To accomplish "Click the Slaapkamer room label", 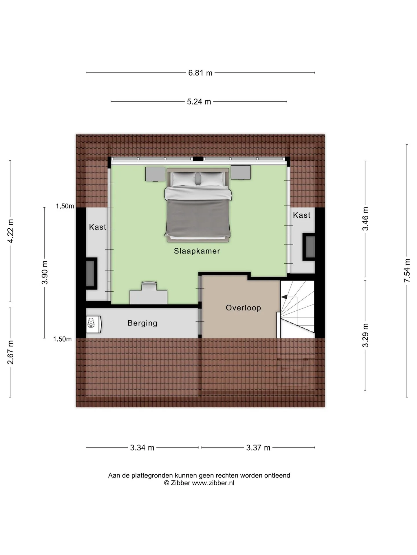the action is [197, 251].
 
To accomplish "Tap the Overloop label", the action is [244, 308].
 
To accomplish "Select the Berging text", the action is [142, 323].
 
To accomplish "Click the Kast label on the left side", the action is [98, 227].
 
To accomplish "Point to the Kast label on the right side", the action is [302, 215].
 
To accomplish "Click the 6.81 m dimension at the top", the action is [200, 73].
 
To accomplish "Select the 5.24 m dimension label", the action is [199, 102].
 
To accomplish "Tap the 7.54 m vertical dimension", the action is [407, 271].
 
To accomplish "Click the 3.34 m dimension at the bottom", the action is [142, 448].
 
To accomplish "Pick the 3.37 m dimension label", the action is [258, 448].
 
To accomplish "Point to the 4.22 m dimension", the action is [10, 231].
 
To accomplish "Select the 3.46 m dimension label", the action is [365, 219].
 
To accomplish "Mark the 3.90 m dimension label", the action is [45, 273].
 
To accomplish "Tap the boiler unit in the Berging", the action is [94, 323].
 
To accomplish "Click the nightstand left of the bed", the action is [155, 174].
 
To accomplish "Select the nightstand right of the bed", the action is [241, 172].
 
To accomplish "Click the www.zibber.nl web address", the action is [213, 483].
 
